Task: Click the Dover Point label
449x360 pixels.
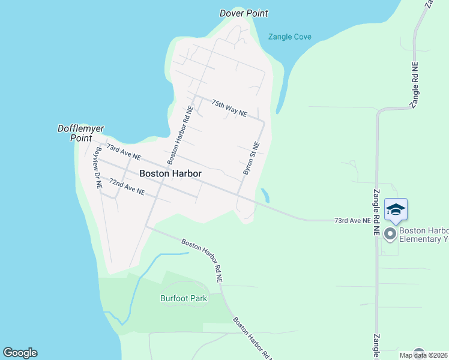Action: [x=244, y=13]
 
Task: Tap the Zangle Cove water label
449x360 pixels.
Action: [x=290, y=37]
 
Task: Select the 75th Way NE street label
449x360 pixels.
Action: [x=229, y=108]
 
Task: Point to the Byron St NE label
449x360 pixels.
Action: [x=252, y=158]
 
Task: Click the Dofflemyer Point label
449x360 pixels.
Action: [x=75, y=133]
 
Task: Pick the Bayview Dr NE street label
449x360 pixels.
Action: [x=97, y=169]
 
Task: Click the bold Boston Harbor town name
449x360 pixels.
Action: [x=170, y=173]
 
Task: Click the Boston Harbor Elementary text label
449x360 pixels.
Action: [x=424, y=235]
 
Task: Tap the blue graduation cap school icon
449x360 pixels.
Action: [x=396, y=209]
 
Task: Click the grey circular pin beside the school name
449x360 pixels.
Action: [x=391, y=233]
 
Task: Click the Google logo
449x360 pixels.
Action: [x=20, y=353]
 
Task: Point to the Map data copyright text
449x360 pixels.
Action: [x=423, y=355]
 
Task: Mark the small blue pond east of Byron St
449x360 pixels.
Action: [x=265, y=196]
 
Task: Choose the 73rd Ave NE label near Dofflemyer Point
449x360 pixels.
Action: [x=123, y=151]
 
